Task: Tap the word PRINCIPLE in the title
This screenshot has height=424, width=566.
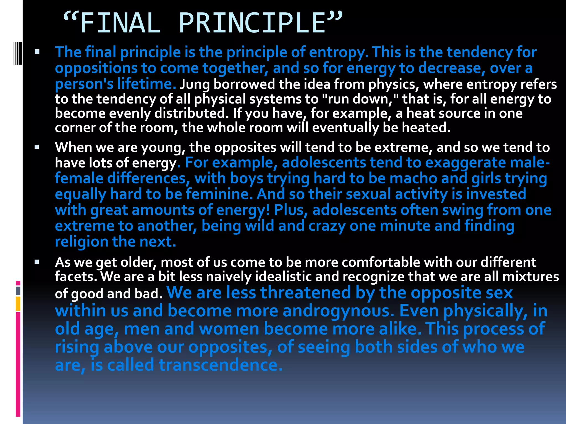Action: tap(252, 23)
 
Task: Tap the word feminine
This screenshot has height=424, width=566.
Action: tap(219, 194)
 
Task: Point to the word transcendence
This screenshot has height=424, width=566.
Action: tap(221, 365)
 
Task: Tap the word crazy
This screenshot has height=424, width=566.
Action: tap(327, 226)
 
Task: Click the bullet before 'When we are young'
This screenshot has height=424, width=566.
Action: tap(37, 147)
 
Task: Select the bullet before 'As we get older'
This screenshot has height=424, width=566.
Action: tap(37, 262)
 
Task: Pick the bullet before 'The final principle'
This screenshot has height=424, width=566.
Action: tap(37, 52)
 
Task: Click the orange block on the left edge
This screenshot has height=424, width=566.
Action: tap(18, 304)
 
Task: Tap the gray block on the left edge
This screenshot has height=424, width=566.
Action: tap(18, 291)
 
